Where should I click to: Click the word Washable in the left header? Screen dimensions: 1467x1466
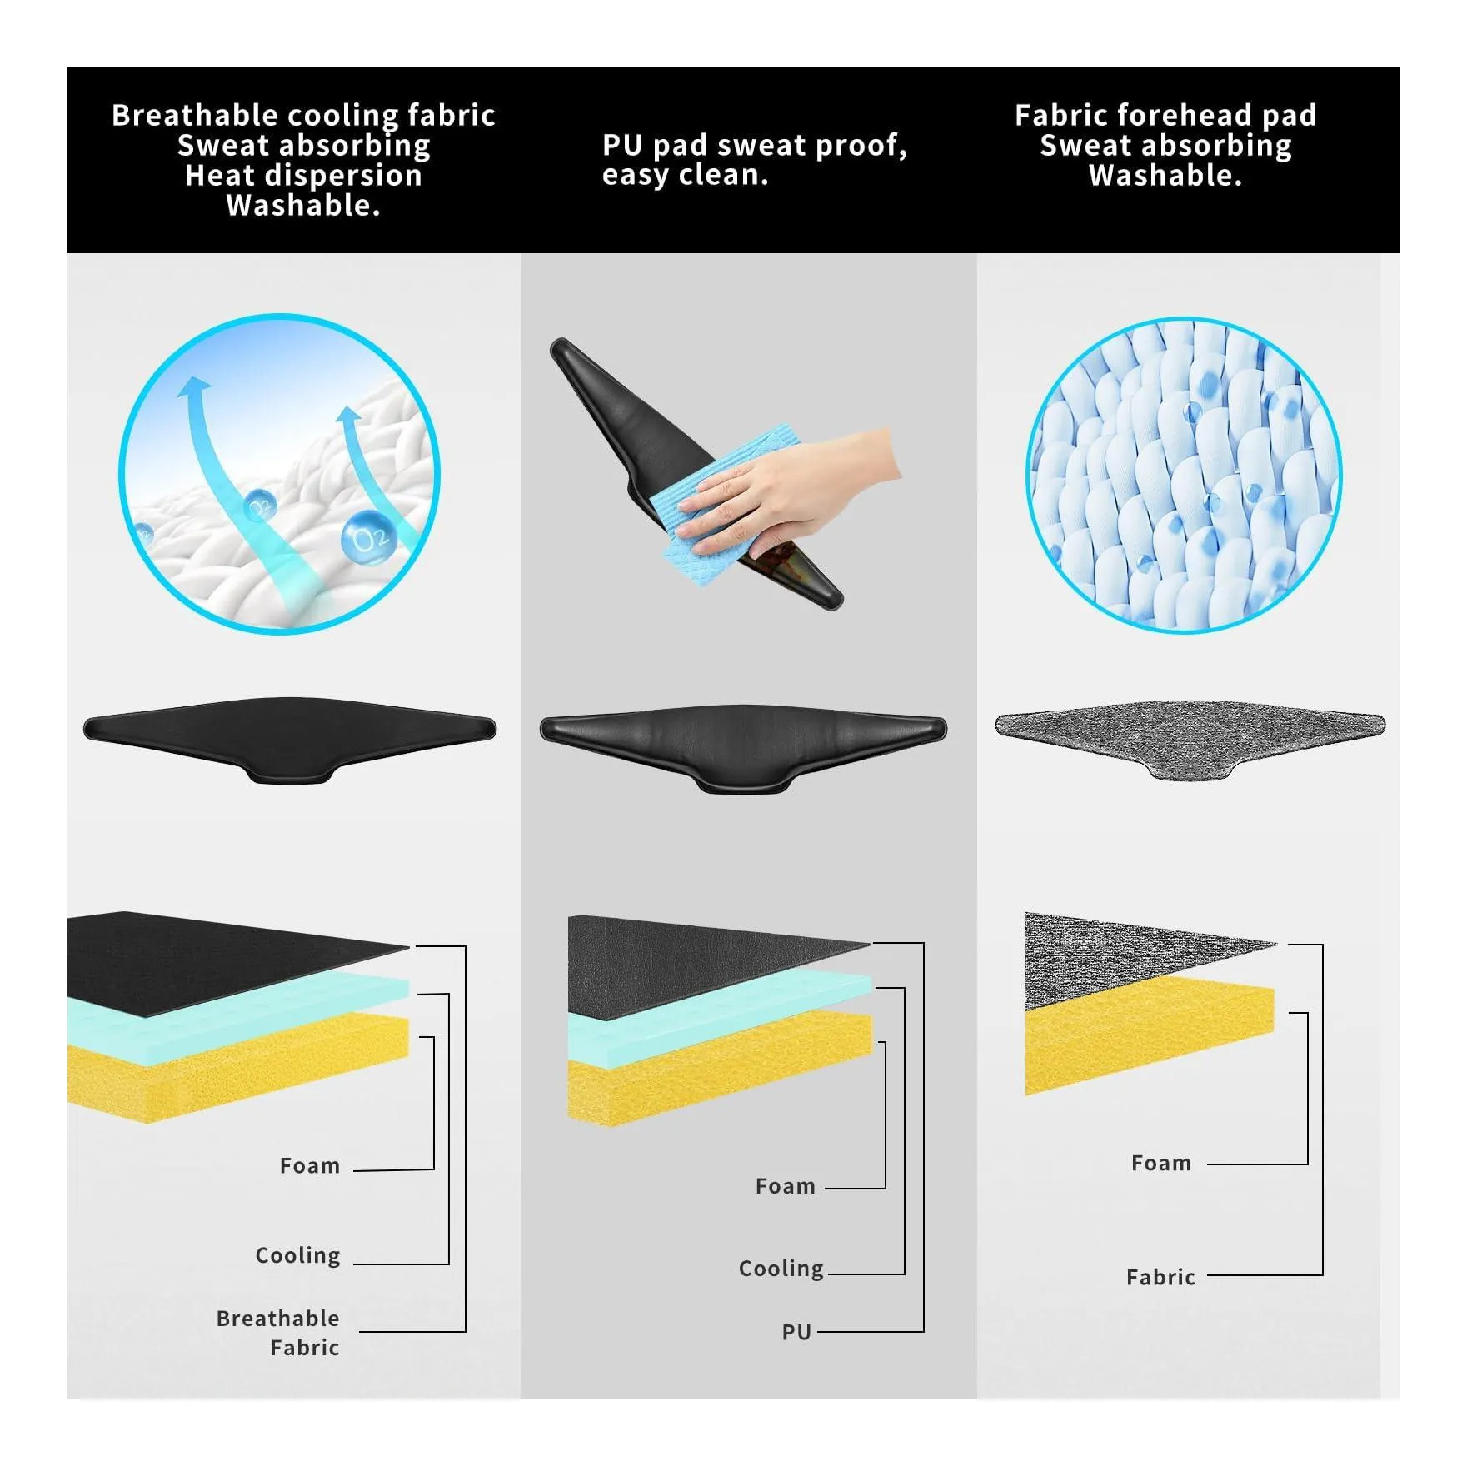click(302, 205)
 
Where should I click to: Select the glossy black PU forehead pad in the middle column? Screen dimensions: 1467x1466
click(742, 745)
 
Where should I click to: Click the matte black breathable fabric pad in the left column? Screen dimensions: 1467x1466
click(289, 735)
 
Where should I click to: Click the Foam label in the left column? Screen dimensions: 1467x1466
click(310, 1165)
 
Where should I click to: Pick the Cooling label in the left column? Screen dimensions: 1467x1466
click(298, 1255)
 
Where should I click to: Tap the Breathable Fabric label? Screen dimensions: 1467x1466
click(278, 1333)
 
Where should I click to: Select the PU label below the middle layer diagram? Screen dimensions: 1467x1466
click(796, 1332)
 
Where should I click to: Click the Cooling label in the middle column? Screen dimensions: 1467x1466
click(781, 1269)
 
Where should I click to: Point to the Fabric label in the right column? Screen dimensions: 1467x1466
click(1160, 1277)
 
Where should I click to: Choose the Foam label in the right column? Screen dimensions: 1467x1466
click(1161, 1163)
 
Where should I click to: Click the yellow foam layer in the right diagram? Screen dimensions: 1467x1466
click(1150, 1041)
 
